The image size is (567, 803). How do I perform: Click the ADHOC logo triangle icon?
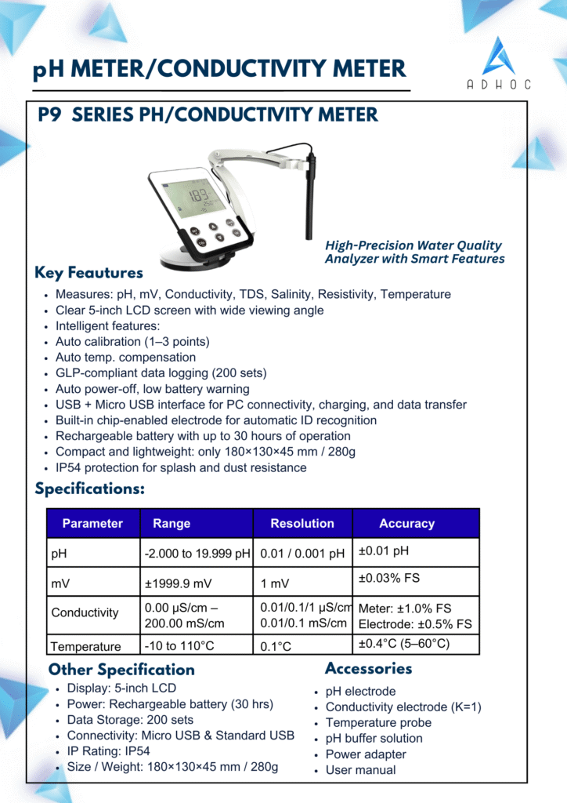pyautogui.click(x=498, y=56)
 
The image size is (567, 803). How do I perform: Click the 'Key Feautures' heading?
pyautogui.click(x=88, y=273)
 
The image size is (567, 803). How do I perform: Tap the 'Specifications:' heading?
pyautogui.click(x=89, y=489)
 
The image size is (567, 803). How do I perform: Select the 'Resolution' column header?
pyautogui.click(x=302, y=523)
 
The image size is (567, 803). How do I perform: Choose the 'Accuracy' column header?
pyautogui.click(x=406, y=523)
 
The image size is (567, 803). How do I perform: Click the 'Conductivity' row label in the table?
pyautogui.click(x=85, y=612)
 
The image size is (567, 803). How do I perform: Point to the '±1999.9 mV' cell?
pyautogui.click(x=178, y=583)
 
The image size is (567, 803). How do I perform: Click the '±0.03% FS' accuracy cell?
pyautogui.click(x=388, y=578)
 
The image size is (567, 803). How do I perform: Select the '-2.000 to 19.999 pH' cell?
pyautogui.click(x=197, y=553)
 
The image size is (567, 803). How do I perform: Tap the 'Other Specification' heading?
pyautogui.click(x=121, y=670)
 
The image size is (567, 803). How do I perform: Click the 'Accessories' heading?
pyautogui.click(x=368, y=669)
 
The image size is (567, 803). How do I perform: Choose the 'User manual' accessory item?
pyautogui.click(x=360, y=769)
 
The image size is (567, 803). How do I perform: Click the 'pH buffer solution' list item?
pyautogui.click(x=374, y=738)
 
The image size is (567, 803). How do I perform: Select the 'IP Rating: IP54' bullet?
pyautogui.click(x=110, y=750)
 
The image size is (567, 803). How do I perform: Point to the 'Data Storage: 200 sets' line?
pyautogui.click(x=130, y=719)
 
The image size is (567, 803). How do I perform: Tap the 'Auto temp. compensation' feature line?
pyautogui.click(x=125, y=358)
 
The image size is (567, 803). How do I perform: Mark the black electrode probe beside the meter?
pyautogui.click(x=310, y=196)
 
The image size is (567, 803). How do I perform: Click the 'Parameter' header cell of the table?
pyautogui.click(x=92, y=523)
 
